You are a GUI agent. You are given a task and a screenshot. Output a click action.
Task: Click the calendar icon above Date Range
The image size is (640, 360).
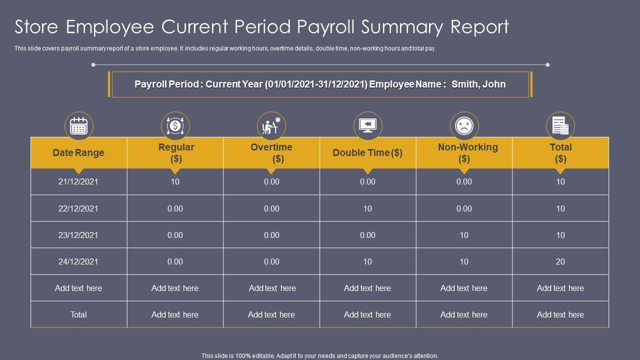click(x=79, y=126)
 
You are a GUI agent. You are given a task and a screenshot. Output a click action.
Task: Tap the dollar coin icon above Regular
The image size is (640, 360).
click(x=175, y=126)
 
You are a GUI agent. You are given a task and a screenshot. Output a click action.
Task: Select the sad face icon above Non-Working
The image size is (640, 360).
click(x=464, y=126)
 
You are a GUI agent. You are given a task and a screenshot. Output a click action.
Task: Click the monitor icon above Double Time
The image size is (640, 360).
click(x=367, y=126)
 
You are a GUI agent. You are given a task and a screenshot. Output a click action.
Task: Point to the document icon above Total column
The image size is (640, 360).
click(x=560, y=126)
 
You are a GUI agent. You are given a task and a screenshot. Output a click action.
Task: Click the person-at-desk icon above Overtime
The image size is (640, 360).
click(x=271, y=126)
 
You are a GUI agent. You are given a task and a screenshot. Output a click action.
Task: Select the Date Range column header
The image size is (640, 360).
click(x=78, y=153)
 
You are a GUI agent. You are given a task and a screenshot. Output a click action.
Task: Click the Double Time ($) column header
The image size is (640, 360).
click(x=367, y=153)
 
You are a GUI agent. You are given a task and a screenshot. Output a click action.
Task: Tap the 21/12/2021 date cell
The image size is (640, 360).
click(x=78, y=182)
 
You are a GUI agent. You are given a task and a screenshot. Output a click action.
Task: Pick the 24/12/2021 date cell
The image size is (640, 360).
click(x=78, y=261)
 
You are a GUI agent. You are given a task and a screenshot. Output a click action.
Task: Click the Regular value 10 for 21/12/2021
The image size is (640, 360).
click(x=175, y=182)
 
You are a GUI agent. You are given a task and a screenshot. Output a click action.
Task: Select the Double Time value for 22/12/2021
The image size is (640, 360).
click(x=367, y=208)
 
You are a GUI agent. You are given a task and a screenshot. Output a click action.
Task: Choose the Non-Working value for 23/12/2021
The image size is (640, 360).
click(x=464, y=235)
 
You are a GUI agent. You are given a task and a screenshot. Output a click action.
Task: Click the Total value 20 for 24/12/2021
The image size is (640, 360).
click(x=560, y=261)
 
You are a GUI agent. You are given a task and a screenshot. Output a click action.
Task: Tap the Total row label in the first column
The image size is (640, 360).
click(x=78, y=314)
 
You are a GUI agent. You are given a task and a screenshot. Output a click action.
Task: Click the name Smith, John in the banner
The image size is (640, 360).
click(x=478, y=84)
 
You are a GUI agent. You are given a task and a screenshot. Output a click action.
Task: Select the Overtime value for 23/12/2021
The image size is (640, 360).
click(x=271, y=235)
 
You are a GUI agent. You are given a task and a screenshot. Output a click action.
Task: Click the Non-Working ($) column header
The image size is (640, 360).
click(x=467, y=153)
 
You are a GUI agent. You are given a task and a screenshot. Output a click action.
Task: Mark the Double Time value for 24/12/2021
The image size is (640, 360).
click(x=367, y=261)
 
